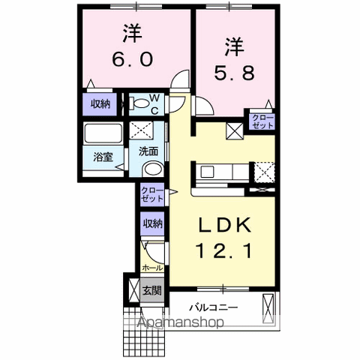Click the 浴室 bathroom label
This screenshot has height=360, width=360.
[x=102, y=158]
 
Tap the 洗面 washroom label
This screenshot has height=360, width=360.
[x=148, y=150]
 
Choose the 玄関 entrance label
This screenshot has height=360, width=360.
[x=151, y=290]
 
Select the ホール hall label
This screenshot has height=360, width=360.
[x=152, y=266]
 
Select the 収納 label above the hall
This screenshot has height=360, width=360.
[x=152, y=223]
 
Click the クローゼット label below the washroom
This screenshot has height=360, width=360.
[x=151, y=196]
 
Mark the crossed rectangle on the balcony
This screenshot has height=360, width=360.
[x=268, y=307]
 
